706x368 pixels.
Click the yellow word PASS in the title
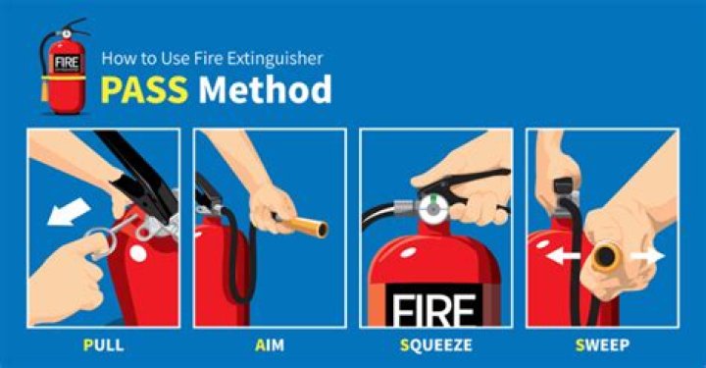tap(144, 89)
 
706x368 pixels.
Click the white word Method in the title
tap(265, 89)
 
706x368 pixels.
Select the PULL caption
tap(103, 345)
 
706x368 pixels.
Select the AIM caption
tap(270, 345)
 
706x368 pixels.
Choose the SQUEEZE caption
tap(435, 345)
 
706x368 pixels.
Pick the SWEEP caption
tap(602, 345)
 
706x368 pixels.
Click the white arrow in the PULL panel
tap(69, 211)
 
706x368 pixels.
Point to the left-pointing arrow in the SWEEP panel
tap(563, 257)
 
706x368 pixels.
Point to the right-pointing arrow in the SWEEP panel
tap(648, 256)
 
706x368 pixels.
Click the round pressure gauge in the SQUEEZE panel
tap(433, 209)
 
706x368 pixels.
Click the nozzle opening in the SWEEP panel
tap(606, 257)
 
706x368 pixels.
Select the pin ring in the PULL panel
tap(101, 242)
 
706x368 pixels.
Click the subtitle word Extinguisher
tap(275, 59)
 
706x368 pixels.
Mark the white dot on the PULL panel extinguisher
tap(138, 254)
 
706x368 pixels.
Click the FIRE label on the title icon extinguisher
tap(67, 63)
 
